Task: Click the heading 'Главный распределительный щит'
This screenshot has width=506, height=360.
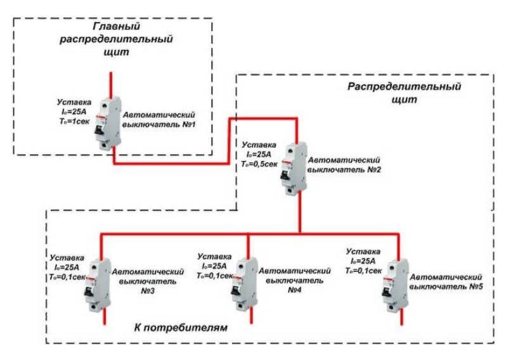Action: click(115, 39)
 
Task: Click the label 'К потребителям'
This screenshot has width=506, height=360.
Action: click(181, 329)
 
